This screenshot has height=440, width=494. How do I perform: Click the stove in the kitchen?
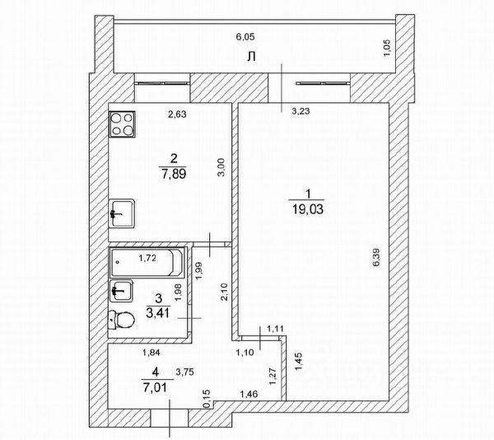pyautogui.click(x=124, y=125)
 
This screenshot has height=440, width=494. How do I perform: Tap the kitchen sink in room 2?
pyautogui.click(x=122, y=213)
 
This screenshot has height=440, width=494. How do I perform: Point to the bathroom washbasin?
pyautogui.click(x=122, y=289)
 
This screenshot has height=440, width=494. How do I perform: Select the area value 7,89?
pyautogui.click(x=173, y=172)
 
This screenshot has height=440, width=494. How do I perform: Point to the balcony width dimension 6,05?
pyautogui.click(x=246, y=37)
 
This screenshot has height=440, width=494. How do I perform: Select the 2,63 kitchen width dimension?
pyautogui.click(x=176, y=115)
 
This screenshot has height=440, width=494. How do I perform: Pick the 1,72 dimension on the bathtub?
pyautogui.click(x=147, y=259)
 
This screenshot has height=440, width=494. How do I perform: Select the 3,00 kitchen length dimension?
pyautogui.click(x=220, y=169)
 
